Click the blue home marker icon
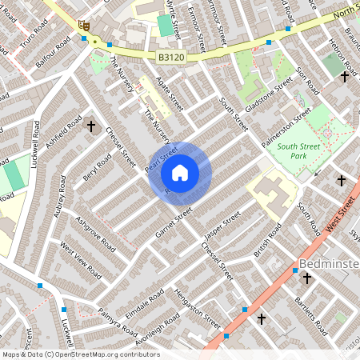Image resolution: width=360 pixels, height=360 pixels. [x=180, y=173]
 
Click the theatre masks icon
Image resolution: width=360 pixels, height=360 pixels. [x=83, y=26]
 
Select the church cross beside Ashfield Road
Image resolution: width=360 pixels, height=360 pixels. [x=90, y=126]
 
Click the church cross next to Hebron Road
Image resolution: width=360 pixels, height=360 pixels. [x=345, y=77]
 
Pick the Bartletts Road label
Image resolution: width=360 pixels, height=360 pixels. [x=311, y=314]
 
